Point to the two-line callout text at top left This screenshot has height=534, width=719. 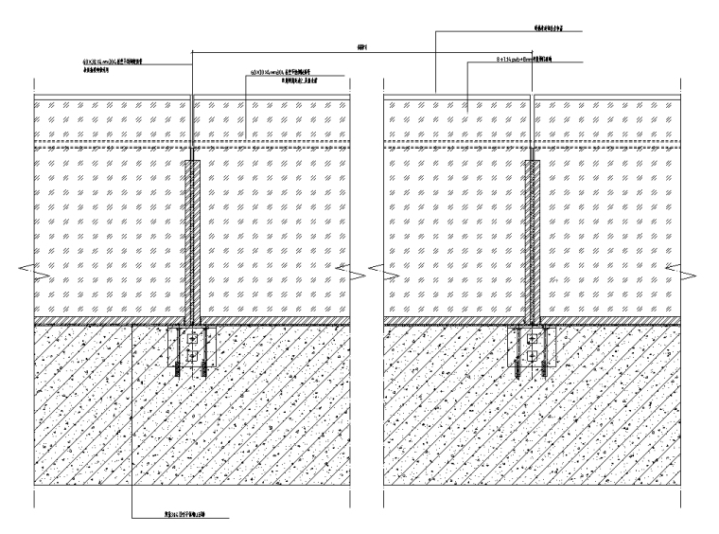[x=114, y=66]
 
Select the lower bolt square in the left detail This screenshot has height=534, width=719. [x=193, y=355]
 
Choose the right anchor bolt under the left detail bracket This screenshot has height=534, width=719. [x=203, y=372]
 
